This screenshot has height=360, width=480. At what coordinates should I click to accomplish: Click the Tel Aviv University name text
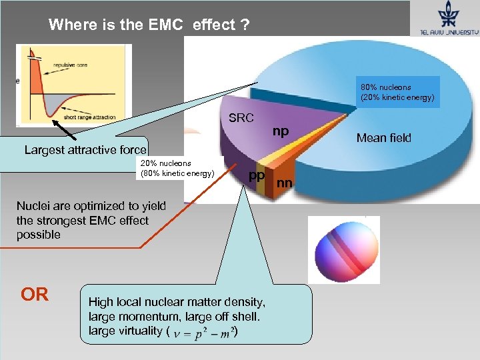(x=449, y=31)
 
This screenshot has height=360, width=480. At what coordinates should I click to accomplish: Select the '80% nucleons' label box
(x=397, y=92)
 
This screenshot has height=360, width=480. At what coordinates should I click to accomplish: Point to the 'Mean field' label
(x=383, y=138)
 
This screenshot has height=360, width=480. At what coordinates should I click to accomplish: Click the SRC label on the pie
(x=241, y=118)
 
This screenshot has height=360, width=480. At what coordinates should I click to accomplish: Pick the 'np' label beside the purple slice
(x=281, y=131)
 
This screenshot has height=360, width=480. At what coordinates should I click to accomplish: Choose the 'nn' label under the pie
(x=285, y=182)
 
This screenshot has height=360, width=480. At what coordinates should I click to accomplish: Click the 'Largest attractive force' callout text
(x=85, y=149)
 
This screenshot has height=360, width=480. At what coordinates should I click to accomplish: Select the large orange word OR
(x=35, y=294)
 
